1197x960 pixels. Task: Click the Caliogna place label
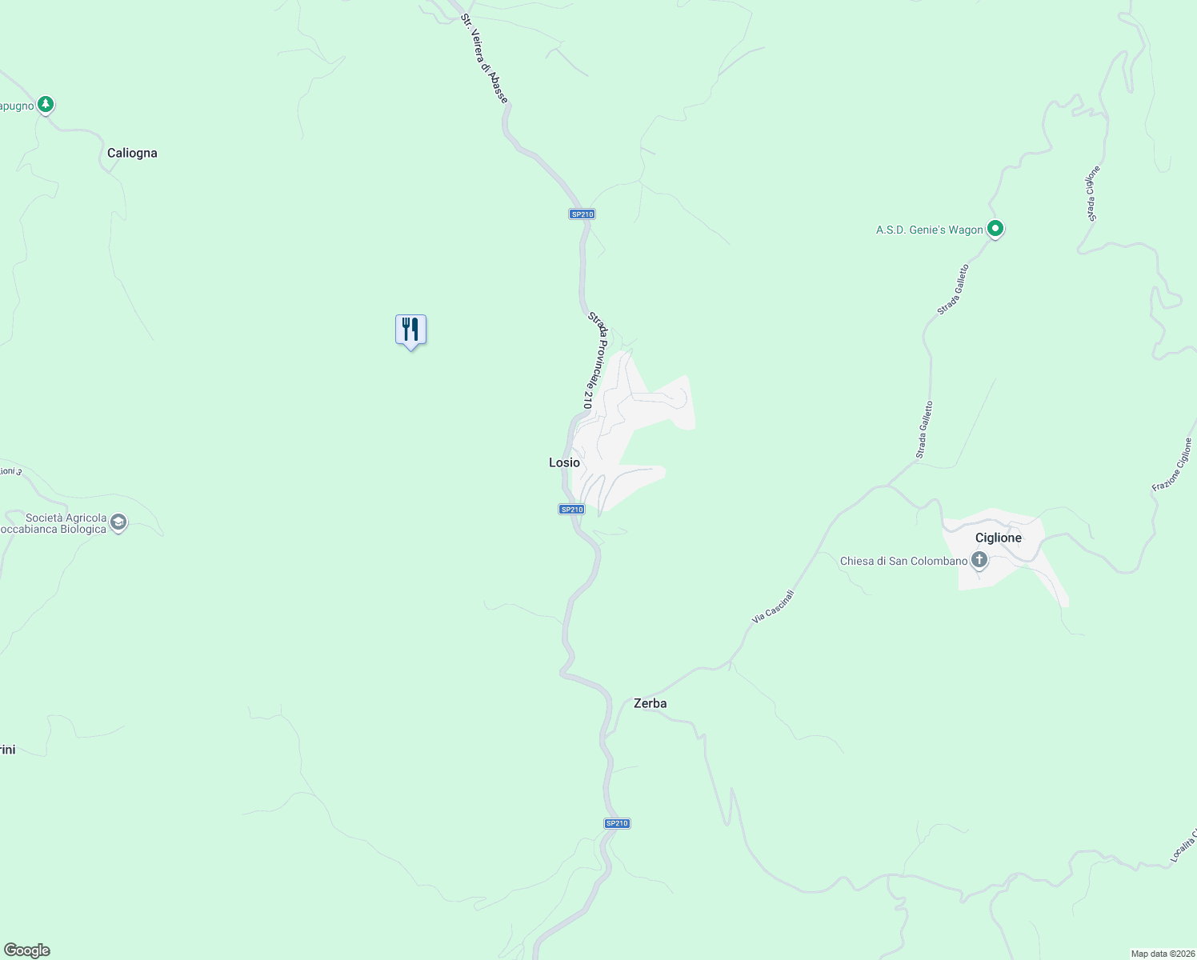tap(132, 153)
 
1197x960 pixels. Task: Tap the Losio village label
tap(564, 462)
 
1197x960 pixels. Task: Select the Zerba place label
tap(650, 703)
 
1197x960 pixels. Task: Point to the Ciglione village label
tap(998, 538)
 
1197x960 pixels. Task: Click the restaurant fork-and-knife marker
tap(410, 330)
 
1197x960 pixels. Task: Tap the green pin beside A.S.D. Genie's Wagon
tap(995, 229)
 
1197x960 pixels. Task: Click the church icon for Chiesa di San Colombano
tap(979, 559)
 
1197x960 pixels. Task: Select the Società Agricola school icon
tap(118, 523)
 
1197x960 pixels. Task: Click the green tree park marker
tap(46, 104)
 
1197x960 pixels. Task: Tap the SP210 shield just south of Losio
tap(571, 510)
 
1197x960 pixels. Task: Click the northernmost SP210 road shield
tap(582, 214)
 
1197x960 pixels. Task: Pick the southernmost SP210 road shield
tap(617, 823)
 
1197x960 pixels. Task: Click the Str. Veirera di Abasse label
tap(484, 58)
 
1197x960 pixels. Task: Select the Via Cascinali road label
tap(773, 607)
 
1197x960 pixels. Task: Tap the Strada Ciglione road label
tap(1093, 193)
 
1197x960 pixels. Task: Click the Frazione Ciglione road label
tap(1172, 465)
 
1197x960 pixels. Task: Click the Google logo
tap(26, 950)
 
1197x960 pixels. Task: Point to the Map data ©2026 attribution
tap(1162, 954)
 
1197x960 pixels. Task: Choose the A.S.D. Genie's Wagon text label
tap(929, 230)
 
